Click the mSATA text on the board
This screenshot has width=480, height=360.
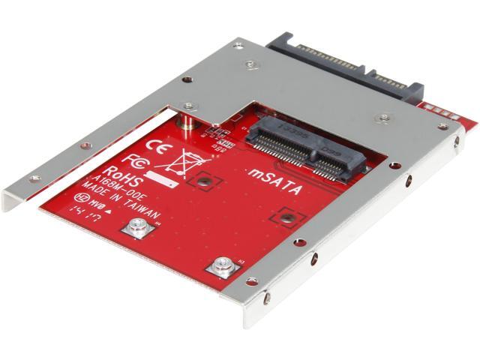[275, 181]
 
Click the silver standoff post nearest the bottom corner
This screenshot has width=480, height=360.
[220, 265]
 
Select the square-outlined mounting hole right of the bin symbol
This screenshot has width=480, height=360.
[202, 180]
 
